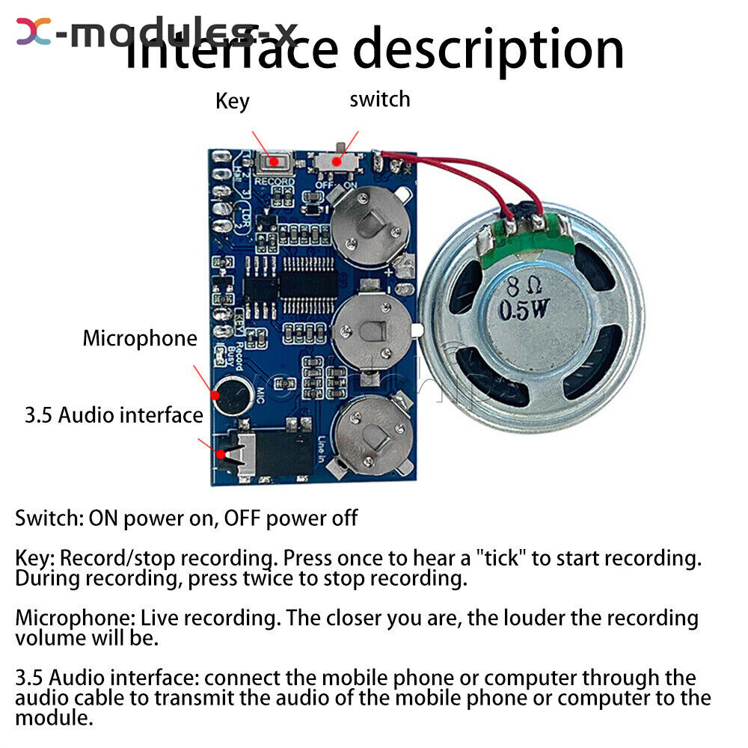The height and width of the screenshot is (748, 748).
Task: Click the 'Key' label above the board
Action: pos(232,101)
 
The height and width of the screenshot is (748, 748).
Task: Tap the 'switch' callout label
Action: pos(380,99)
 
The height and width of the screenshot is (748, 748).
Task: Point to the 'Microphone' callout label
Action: pos(140,338)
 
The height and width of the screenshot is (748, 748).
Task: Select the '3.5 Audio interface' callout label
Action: pos(114,415)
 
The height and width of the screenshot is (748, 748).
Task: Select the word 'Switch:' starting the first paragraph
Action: pos(49,518)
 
